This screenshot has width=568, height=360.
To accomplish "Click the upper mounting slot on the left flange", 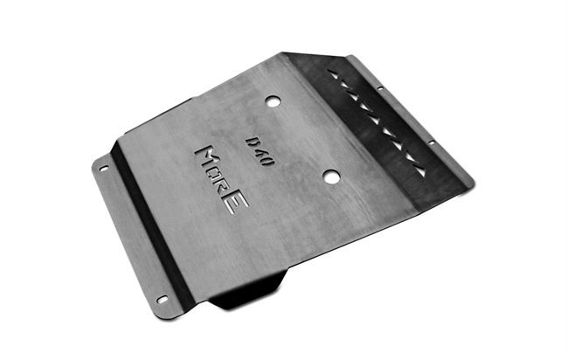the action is coord(104,169).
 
